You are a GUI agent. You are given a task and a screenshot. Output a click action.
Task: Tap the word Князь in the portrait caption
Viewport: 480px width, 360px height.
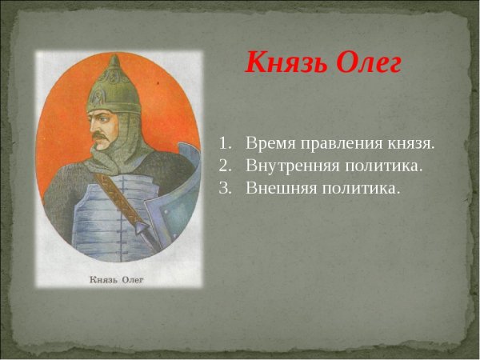click(x=103, y=279)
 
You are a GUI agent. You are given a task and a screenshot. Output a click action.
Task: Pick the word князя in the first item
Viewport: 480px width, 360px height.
click(x=410, y=144)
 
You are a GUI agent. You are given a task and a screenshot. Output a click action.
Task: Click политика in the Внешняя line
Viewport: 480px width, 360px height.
click(x=359, y=189)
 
